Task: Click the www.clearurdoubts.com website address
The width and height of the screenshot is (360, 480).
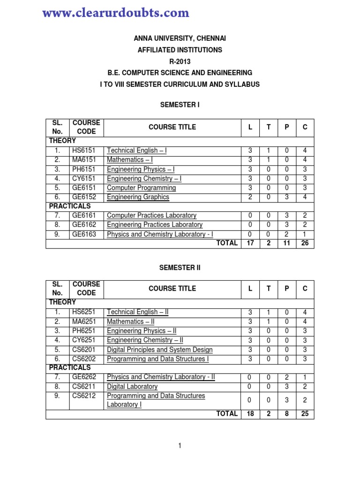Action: click(x=115, y=13)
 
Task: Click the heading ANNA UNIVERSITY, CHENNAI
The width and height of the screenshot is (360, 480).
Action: click(x=180, y=38)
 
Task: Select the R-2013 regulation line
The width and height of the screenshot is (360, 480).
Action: click(x=180, y=61)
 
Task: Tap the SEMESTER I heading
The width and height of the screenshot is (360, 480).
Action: click(x=180, y=105)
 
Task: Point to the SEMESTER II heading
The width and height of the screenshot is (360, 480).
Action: click(x=180, y=267)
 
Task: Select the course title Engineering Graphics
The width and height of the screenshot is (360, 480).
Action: click(x=138, y=197)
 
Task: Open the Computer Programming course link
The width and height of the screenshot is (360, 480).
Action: click(x=141, y=188)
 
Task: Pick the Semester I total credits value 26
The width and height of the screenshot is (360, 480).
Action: click(x=305, y=243)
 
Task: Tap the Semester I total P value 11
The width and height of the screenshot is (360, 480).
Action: click(x=286, y=243)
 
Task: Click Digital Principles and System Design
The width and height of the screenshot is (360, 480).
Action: click(x=159, y=350)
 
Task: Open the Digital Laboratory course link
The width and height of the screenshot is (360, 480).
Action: click(x=132, y=387)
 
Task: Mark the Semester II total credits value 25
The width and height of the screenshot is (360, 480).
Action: click(x=305, y=414)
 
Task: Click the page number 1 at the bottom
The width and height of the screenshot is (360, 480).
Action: click(x=180, y=446)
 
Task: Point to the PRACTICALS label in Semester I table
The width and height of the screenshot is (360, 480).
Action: click(x=70, y=206)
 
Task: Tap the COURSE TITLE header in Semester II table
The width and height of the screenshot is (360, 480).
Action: click(x=172, y=289)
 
